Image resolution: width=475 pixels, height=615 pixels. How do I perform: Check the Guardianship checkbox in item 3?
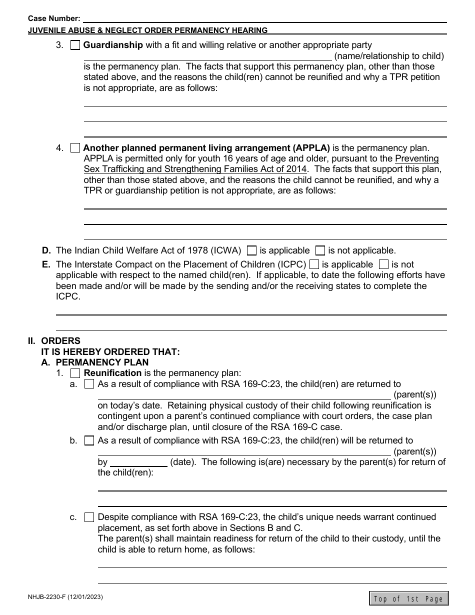pyautogui.click(x=75, y=45)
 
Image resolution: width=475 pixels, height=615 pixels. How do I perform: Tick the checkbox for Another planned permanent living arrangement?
pyautogui.click(x=75, y=148)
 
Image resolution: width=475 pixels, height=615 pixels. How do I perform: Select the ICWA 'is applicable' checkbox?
pyautogui.click(x=252, y=250)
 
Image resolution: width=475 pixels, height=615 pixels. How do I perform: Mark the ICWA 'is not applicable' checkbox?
pyautogui.click(x=320, y=250)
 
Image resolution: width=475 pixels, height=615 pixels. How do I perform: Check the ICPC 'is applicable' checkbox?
pyautogui.click(x=314, y=264)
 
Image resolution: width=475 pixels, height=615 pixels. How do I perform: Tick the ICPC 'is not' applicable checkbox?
pyautogui.click(x=384, y=264)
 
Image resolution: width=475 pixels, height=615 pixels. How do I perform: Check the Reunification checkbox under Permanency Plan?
pyautogui.click(x=75, y=373)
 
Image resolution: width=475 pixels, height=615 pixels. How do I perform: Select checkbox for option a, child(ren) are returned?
pyautogui.click(x=89, y=384)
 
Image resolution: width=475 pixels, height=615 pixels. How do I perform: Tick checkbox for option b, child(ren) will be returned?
pyautogui.click(x=89, y=441)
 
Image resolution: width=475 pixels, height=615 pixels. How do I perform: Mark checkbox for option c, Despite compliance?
pyautogui.click(x=89, y=517)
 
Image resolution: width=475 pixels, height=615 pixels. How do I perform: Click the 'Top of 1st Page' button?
pyautogui.click(x=408, y=598)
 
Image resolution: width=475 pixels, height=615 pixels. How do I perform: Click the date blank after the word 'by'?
pyautogui.click(x=138, y=462)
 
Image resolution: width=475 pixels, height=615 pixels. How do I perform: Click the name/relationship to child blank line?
pyautogui.click(x=207, y=56)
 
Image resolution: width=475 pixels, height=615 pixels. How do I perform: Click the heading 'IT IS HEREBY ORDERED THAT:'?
pyautogui.click(x=110, y=352)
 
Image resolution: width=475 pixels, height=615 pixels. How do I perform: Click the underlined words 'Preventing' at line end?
pyautogui.click(x=417, y=158)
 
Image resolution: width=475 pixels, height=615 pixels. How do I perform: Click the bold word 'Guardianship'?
pyautogui.click(x=113, y=45)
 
